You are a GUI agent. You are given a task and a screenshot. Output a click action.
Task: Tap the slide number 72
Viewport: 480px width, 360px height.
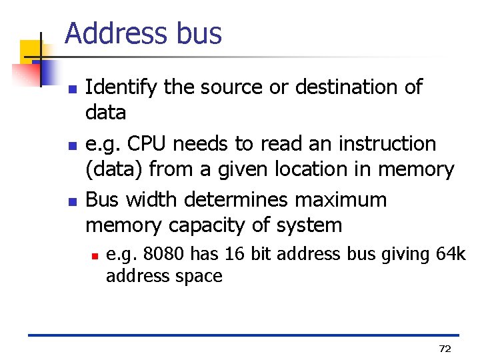445,349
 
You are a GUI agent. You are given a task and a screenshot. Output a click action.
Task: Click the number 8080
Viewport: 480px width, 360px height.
161,254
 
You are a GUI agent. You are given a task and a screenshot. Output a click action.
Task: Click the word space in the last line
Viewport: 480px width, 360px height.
200,275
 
